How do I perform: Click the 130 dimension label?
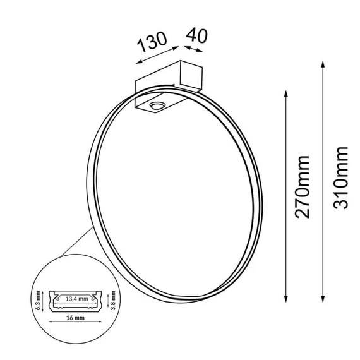point(152,42)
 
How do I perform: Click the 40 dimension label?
point(197,35)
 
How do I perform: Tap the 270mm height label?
point(303,187)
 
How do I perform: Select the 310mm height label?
point(340,177)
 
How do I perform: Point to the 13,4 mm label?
point(76,299)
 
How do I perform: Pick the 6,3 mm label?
point(38,300)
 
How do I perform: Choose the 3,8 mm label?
point(112,300)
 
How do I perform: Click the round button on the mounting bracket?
point(157,106)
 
